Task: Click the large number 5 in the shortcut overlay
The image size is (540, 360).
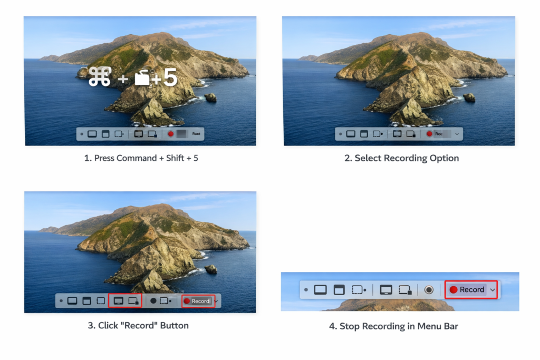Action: [x=170, y=77]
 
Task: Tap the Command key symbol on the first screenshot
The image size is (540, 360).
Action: [x=100, y=77]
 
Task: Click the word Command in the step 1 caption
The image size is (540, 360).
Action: [x=136, y=158]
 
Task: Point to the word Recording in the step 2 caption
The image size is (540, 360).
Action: [x=404, y=158]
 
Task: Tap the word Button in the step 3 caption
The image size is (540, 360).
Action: [x=174, y=325]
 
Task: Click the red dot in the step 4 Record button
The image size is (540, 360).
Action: [x=453, y=289]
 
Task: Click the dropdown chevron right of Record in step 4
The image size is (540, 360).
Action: [x=493, y=289]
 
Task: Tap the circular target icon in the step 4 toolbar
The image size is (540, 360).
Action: [x=429, y=289]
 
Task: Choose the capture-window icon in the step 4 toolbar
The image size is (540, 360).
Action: [x=339, y=289]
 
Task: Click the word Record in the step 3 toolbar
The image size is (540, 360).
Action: [x=200, y=301]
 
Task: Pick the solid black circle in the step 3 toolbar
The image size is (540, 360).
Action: [x=153, y=301]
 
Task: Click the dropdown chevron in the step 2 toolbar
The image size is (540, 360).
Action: [x=457, y=134]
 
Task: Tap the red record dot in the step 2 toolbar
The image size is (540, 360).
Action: [x=429, y=134]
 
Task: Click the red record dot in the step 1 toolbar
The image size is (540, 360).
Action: [x=171, y=134]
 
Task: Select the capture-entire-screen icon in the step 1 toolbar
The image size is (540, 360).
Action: [x=92, y=134]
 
